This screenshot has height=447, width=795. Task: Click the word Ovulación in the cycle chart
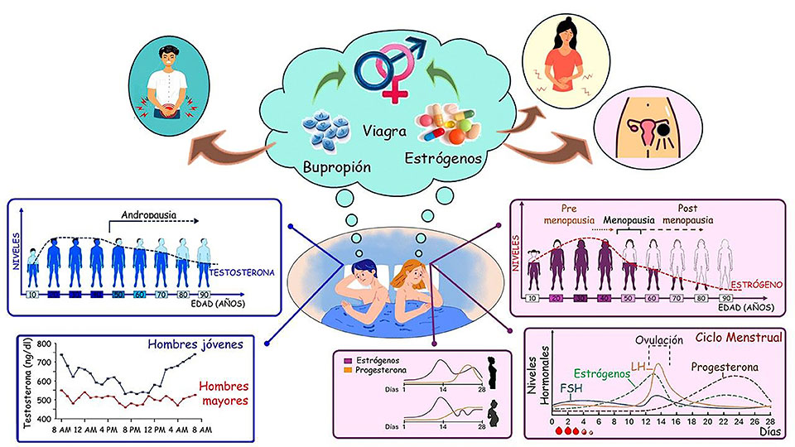(659, 339)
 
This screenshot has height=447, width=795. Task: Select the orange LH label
(638, 366)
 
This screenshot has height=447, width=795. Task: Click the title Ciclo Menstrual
(733, 339)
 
